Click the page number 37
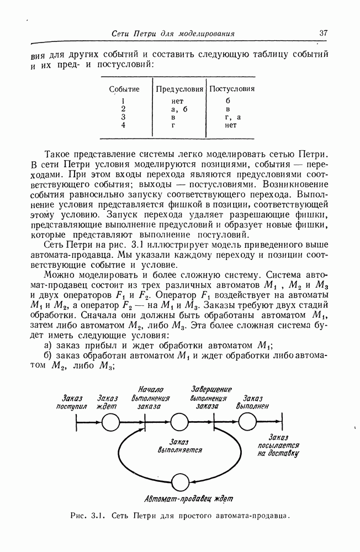pos(324,33)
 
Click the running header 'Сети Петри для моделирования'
pos(173,34)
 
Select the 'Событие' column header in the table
pos(124,89)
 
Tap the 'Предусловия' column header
pos(179,89)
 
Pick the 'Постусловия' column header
pos(231,89)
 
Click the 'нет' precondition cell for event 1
pos(177,101)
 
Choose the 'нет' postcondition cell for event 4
pos(230,125)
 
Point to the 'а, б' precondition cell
pos(178,109)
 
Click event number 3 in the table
pos(124,117)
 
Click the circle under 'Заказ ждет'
pos(111,423)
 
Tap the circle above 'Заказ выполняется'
pos(179,423)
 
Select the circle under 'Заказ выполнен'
pos(248,423)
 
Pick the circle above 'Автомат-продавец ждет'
pos(179,482)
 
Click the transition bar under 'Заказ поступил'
pos(77,423)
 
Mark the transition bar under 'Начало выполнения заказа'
pos(146,423)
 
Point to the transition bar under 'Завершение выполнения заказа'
pos(214,423)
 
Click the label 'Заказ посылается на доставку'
pos(278,445)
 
